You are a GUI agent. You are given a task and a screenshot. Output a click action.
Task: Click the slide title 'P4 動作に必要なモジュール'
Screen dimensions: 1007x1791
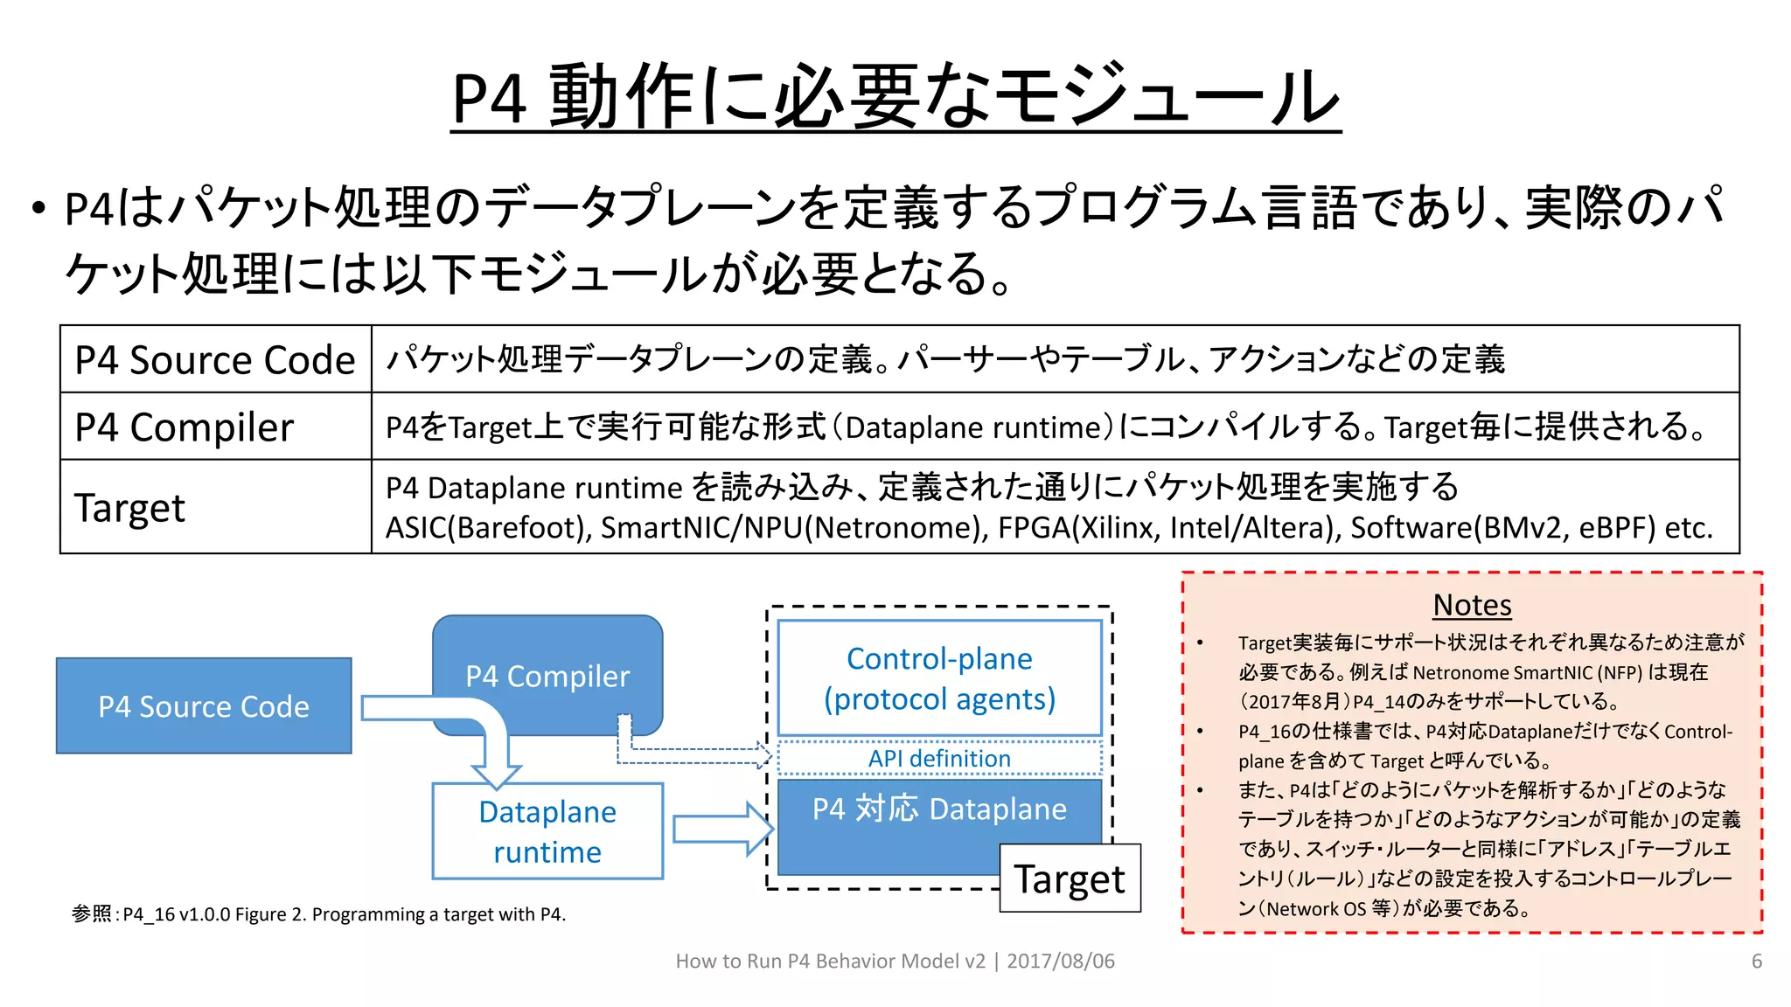[x=895, y=96]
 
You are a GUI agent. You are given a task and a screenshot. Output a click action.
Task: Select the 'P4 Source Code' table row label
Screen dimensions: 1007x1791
[x=215, y=360]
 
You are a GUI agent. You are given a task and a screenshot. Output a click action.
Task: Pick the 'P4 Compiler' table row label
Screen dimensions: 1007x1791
[x=185, y=427]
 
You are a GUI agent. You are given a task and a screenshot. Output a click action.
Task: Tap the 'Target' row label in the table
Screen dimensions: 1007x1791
[x=129, y=508]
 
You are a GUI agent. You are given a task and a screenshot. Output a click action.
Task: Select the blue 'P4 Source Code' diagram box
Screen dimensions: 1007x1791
[x=204, y=706]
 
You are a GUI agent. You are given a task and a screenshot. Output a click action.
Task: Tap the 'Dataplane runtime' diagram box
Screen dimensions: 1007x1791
[x=547, y=831]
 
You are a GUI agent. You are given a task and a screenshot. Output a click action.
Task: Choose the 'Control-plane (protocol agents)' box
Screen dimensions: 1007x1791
[x=939, y=678]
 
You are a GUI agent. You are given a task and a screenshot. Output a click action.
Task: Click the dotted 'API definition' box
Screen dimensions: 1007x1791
[x=939, y=759]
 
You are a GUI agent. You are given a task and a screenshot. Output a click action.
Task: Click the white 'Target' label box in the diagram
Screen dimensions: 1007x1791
[x=1070, y=879]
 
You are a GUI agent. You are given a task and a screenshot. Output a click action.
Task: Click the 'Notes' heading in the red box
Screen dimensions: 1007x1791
[x=1472, y=605]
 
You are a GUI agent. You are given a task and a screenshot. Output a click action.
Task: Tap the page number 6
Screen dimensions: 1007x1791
[x=1756, y=962]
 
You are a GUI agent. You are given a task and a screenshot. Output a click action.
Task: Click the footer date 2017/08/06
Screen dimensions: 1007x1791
[x=1061, y=962]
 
